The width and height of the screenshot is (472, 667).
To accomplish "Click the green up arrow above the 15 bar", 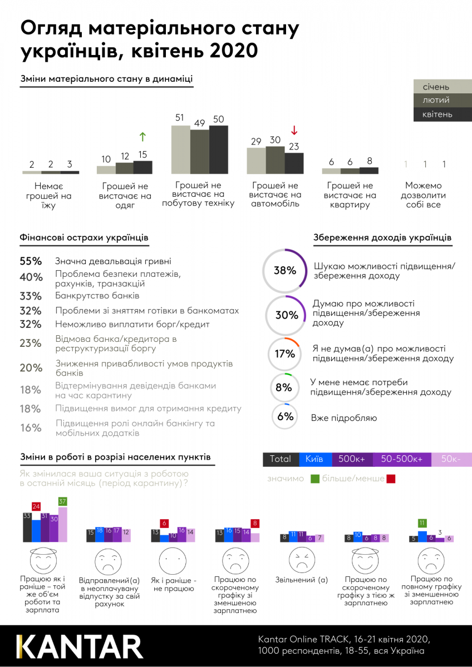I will pos(142,137).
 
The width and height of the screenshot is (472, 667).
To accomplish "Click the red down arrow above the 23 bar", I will pos(294,131).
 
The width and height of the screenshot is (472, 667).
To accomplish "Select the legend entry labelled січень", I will pos(442,86).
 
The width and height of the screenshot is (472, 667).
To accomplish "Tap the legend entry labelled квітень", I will pos(442,115).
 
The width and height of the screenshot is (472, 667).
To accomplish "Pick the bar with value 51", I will pos(180,149).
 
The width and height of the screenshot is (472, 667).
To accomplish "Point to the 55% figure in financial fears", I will pos(31,261).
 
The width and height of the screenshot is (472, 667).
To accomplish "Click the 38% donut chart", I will pos(284,271).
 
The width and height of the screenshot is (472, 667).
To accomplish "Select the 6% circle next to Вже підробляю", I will pos(285,417).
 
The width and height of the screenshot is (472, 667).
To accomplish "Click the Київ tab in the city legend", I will pos(315,459).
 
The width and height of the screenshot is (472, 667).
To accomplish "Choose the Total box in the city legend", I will pos(281,459).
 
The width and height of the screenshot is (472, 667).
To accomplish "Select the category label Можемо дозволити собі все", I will pos(425,195).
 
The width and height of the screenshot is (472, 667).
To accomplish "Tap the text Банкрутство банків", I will pos(97,296).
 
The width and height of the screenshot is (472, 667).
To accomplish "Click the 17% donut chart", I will pos(284,354).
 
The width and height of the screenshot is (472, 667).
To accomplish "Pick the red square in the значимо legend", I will pos(391,479).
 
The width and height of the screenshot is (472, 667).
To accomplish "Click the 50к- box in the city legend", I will pos(451,459).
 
